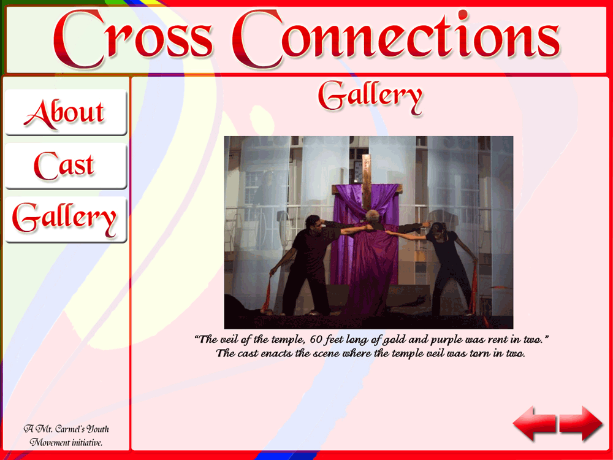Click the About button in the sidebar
pyautogui.click(x=66, y=112)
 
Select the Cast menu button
pyautogui.click(x=66, y=166)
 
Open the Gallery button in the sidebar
pyautogui.click(x=66, y=220)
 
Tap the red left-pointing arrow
pyautogui.click(x=535, y=423)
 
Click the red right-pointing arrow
pyautogui.click(x=581, y=423)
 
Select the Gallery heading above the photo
pyautogui.click(x=370, y=97)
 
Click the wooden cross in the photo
pyautogui.click(x=367, y=184)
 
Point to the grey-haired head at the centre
pyautogui.click(x=373, y=217)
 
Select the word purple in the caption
pyautogui.click(x=444, y=340)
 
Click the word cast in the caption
pyautogui.click(x=247, y=354)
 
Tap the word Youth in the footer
pyautogui.click(x=98, y=429)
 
